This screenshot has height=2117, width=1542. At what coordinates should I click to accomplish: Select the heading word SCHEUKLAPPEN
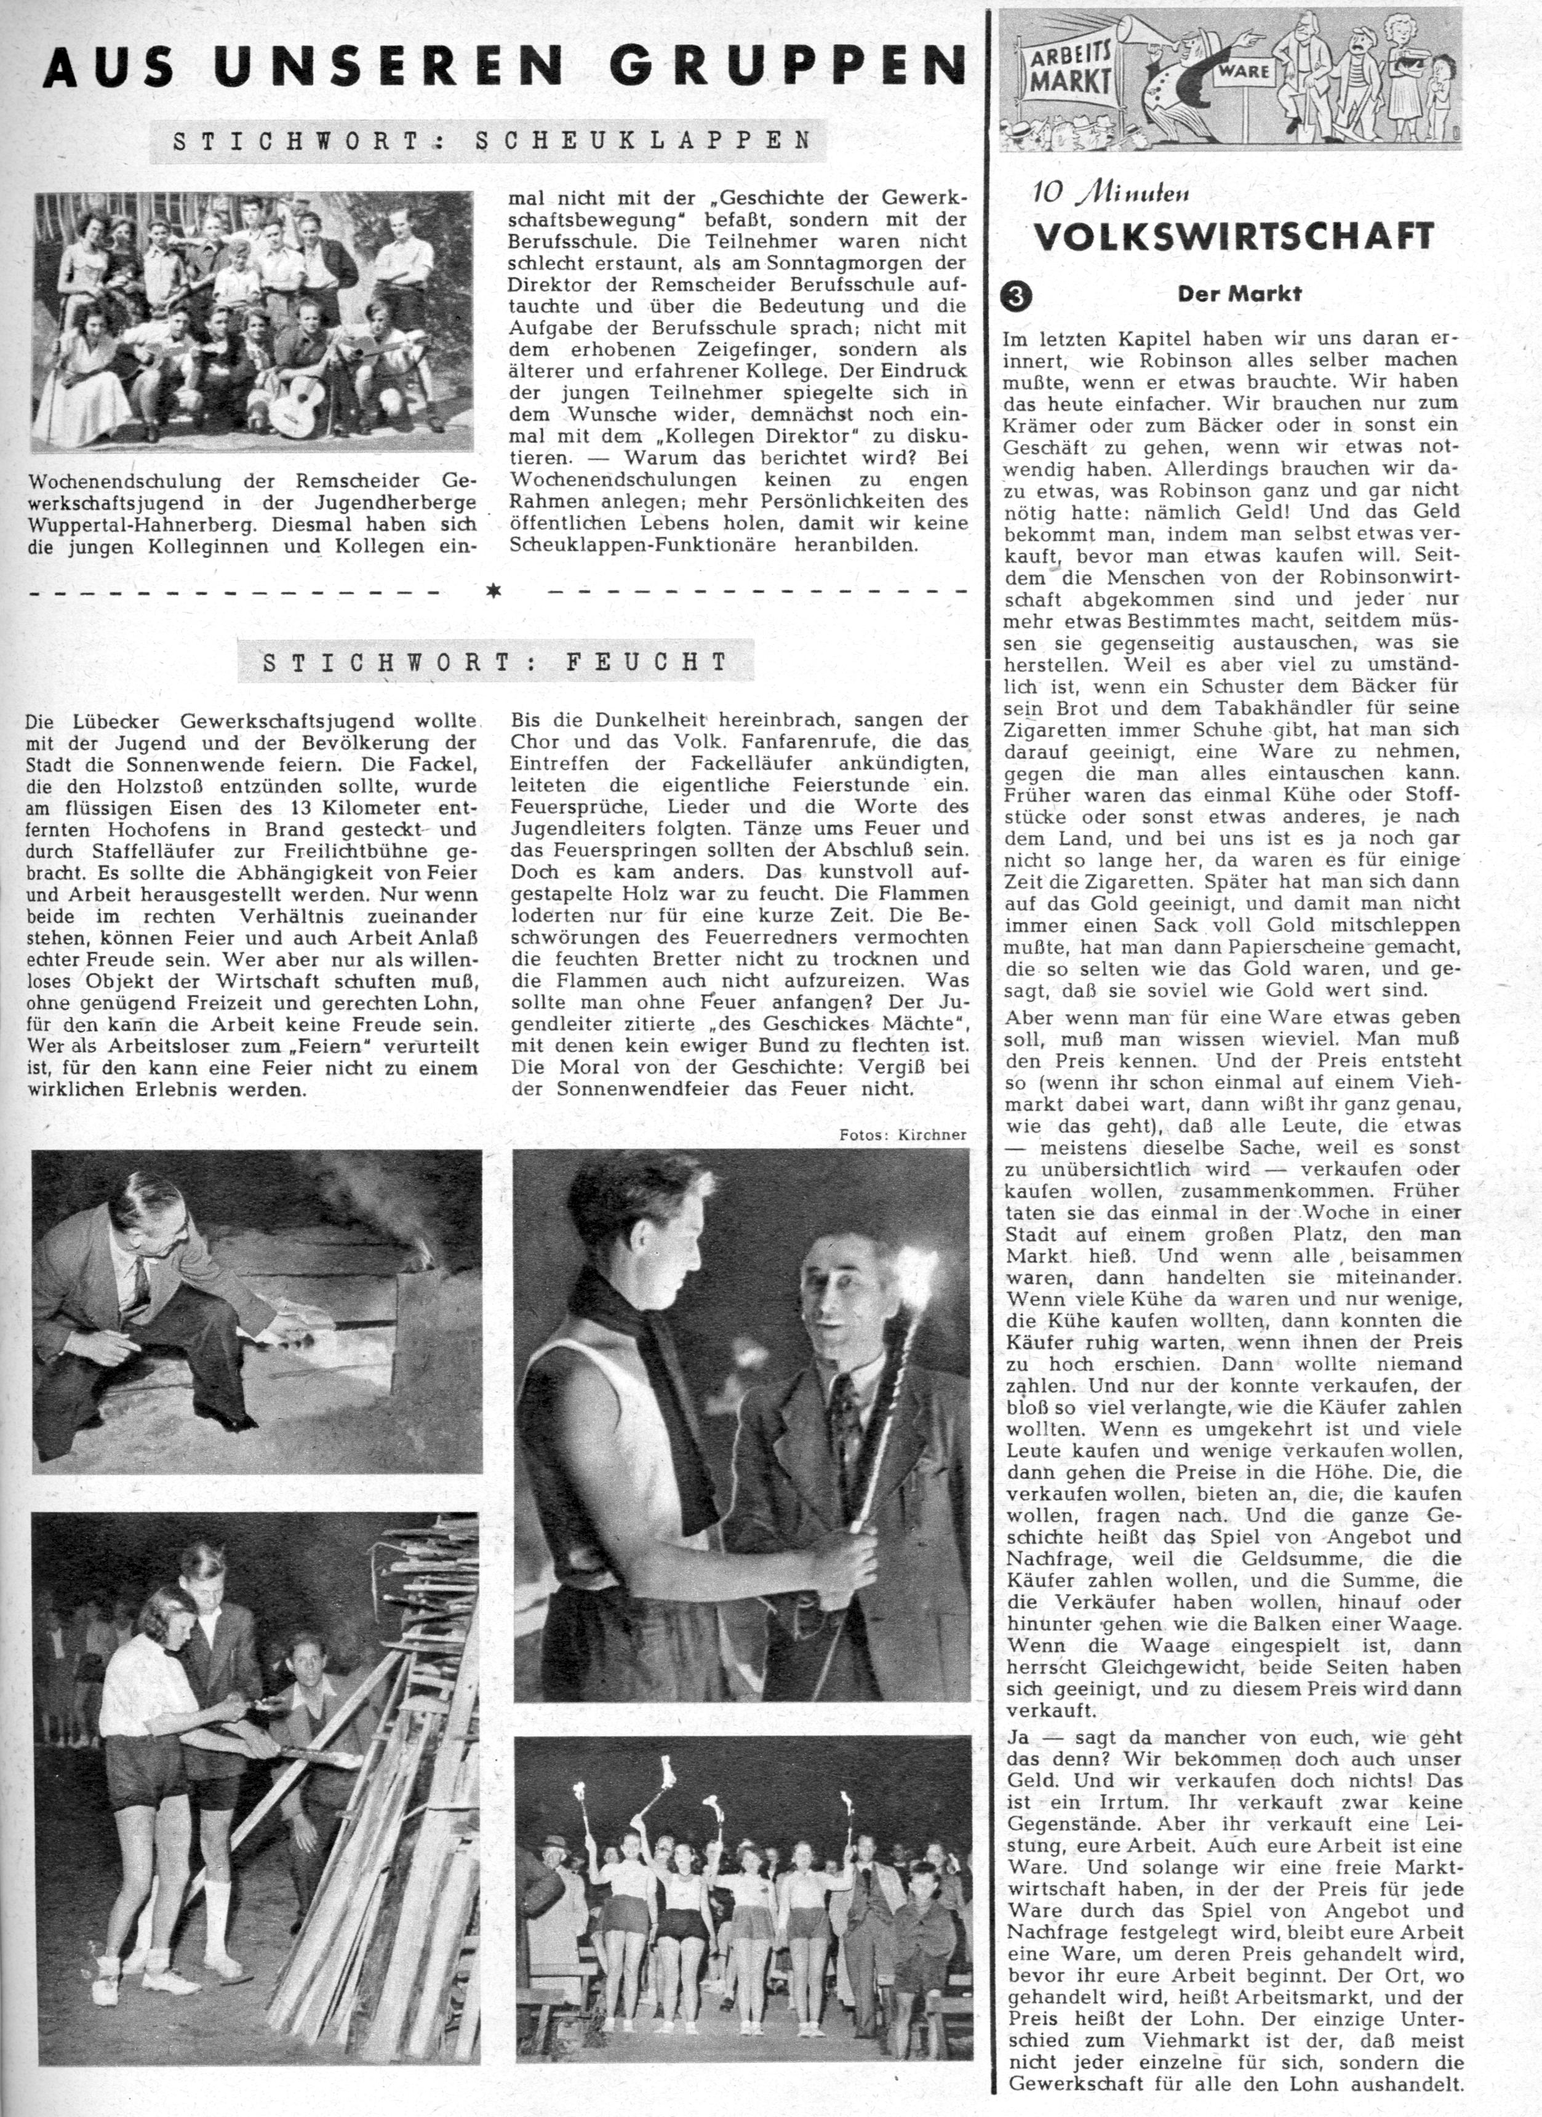coord(643,141)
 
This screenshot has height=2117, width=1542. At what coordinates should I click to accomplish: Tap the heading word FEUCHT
coord(646,663)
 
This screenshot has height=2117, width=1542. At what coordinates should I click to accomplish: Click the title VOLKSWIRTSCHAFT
coord(1233,236)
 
